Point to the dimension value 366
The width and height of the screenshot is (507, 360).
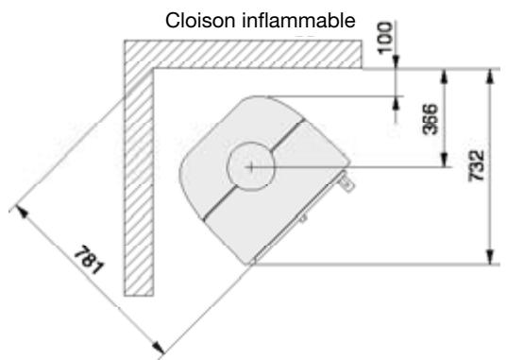click(x=429, y=119)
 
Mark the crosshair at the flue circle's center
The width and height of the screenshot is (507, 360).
click(x=250, y=165)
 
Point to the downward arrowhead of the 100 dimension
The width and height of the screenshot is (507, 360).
click(x=395, y=62)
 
